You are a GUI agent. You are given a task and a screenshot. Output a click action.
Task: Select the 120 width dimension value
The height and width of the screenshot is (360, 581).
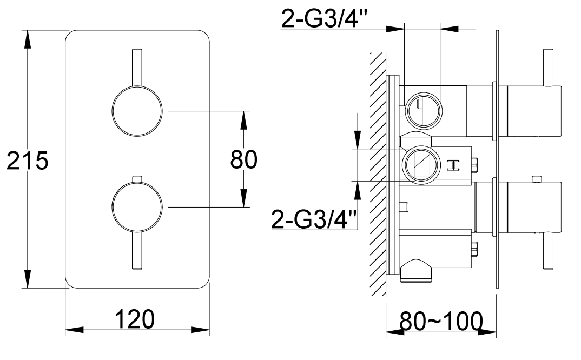(x=134, y=319)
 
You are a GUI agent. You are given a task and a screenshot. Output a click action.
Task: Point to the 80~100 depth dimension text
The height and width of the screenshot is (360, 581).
(x=441, y=323)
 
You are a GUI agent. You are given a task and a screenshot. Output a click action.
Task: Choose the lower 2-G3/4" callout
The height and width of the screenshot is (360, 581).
(x=314, y=220)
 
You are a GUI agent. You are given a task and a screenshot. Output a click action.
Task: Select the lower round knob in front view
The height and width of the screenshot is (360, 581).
(x=136, y=206)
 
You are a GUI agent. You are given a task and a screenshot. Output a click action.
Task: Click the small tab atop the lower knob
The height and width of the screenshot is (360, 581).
(x=136, y=178)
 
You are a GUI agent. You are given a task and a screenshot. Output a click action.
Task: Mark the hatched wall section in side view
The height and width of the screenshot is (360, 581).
(x=377, y=173)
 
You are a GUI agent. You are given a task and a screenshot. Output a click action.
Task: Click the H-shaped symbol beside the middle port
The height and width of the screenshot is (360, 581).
(x=453, y=164)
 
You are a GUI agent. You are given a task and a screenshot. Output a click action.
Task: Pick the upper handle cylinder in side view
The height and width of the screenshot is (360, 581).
(x=533, y=110)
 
